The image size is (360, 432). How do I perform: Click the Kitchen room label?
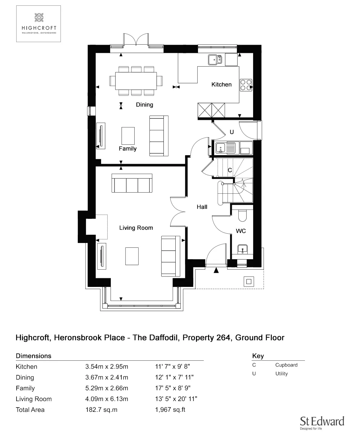tap(221, 85)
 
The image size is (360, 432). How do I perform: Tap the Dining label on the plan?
tap(144, 105)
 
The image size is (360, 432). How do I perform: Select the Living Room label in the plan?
tap(136, 228)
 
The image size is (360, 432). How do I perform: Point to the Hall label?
tap(202, 207)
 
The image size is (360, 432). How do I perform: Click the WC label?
tap(241, 231)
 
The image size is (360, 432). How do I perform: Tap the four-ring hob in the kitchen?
tap(246, 84)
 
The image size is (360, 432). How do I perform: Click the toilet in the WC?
tap(242, 215)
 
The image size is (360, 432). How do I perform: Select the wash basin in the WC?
tap(242, 249)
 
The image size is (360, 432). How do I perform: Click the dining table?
tap(136, 81)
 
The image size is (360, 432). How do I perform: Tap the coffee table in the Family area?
tap(128, 136)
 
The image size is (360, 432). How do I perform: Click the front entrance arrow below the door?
tap(216, 270)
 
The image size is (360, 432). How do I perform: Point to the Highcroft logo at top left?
tap(39, 24)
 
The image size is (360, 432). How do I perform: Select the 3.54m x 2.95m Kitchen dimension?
tap(107, 367)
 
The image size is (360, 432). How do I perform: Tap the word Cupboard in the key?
tap(286, 365)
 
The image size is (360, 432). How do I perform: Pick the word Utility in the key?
tap(282, 374)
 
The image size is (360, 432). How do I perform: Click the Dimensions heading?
tap(33, 356)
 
